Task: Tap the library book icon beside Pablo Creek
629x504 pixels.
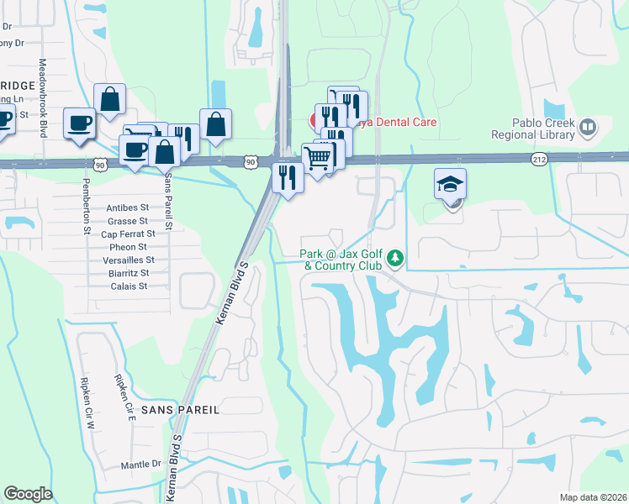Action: click(588, 128)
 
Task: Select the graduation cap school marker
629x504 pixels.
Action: click(450, 184)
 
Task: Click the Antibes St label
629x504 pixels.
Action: click(127, 207)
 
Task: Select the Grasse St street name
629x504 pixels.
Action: click(128, 221)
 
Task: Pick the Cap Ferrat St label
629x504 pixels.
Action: click(128, 234)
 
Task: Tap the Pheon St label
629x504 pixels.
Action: click(129, 247)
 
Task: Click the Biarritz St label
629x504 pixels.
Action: click(129, 273)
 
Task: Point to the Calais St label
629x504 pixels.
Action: click(129, 286)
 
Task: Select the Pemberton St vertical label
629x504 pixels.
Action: click(87, 219)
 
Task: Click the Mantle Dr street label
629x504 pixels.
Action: click(140, 464)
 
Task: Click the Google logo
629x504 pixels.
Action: click(28, 494)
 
